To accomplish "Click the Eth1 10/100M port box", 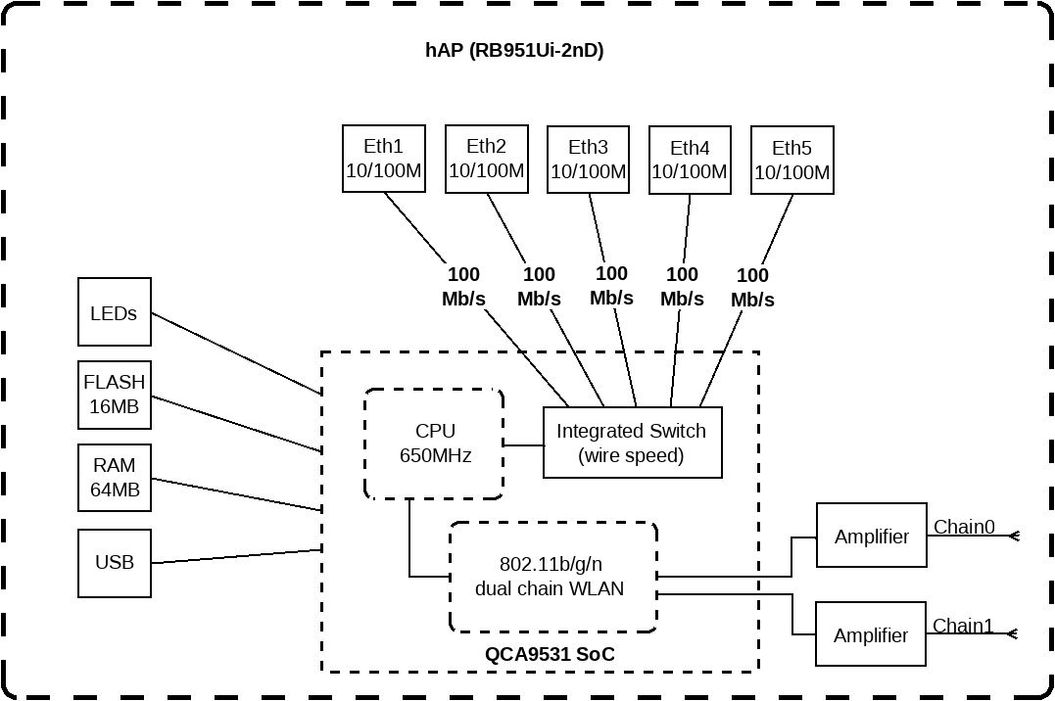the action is (384, 159).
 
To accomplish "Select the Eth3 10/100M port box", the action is (588, 160).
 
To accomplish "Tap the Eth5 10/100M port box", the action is (791, 161).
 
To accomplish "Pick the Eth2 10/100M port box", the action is (487, 159).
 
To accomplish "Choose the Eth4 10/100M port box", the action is (690, 161).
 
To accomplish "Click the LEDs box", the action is (115, 312).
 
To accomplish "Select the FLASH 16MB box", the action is (115, 395).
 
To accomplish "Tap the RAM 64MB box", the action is (115, 478).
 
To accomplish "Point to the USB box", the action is (115, 563).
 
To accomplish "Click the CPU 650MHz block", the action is (434, 444).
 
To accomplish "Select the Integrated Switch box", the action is (633, 443).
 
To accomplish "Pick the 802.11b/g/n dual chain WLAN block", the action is (553, 577).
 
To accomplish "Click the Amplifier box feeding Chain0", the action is (871, 535).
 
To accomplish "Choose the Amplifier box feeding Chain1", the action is (871, 633).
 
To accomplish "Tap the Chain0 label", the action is (964, 527).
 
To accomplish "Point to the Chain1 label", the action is (963, 626).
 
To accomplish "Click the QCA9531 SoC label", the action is (550, 654).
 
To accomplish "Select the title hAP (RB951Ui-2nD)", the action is (514, 51).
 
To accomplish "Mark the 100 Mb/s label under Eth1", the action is (463, 287).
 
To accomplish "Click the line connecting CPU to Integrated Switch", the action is (523, 444).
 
